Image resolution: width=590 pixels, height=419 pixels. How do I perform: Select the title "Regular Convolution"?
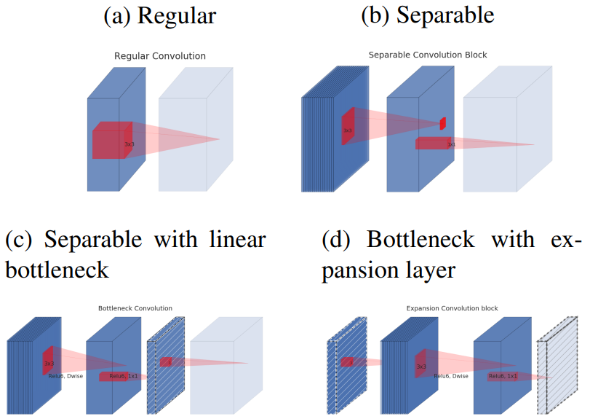click(160, 56)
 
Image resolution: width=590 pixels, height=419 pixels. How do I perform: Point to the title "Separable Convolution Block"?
click(428, 55)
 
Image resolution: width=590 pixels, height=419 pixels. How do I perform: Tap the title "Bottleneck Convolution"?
click(135, 308)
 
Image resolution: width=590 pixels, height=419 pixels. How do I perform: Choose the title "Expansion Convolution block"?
click(452, 308)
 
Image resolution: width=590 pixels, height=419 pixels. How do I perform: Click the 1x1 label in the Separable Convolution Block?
click(452, 145)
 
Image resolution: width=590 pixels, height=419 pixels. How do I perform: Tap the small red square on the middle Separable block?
click(442, 123)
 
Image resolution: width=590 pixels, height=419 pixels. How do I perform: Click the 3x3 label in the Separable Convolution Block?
click(348, 131)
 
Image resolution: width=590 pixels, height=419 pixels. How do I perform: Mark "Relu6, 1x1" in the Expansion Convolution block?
click(503, 376)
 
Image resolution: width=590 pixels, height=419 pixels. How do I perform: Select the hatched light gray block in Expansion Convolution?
click(557, 368)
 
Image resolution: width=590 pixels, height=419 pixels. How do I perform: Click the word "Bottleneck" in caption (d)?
click(420, 240)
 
